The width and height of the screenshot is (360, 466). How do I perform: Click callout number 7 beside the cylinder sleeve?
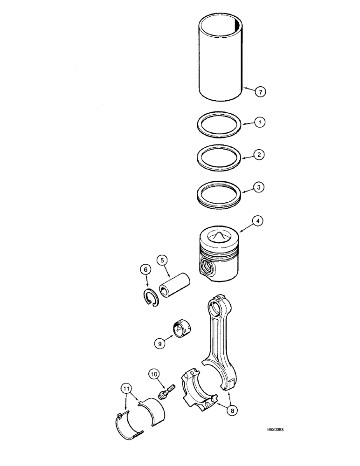[261, 92]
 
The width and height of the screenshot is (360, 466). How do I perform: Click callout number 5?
[162, 260]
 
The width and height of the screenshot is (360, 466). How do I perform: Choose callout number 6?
[145, 269]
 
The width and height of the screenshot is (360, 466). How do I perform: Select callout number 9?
[159, 343]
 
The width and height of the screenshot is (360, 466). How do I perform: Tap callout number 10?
[155, 373]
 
